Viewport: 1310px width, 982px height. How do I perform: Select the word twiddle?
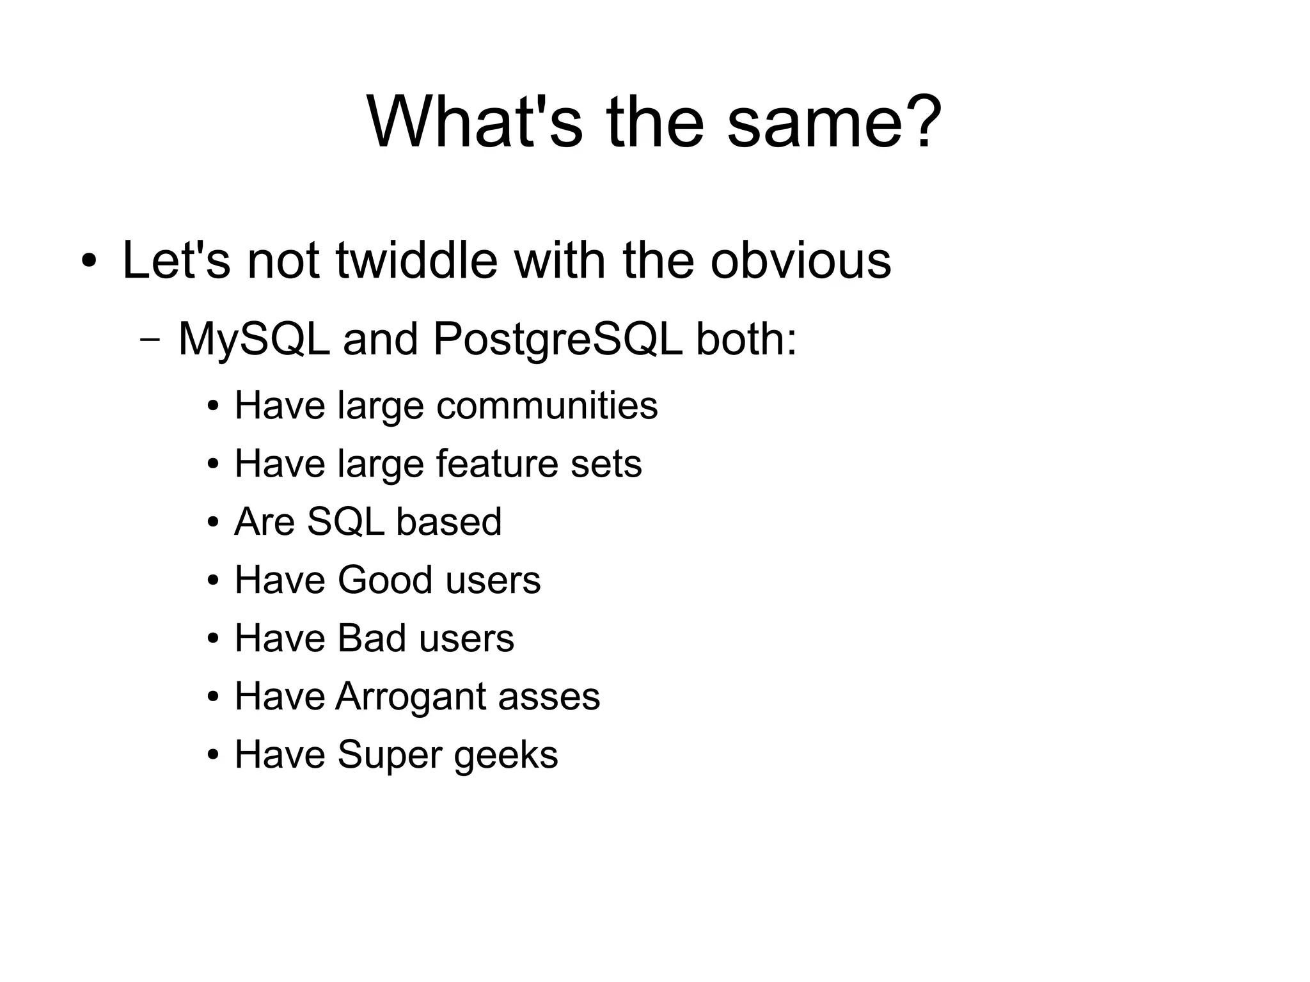click(x=416, y=260)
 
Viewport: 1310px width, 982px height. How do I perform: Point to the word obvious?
click(x=800, y=260)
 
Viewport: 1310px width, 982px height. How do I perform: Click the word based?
click(x=449, y=522)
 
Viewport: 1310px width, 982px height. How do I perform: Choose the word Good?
click(x=385, y=580)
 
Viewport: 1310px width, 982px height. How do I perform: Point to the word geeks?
click(x=506, y=755)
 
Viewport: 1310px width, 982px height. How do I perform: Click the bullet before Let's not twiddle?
click(x=89, y=262)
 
